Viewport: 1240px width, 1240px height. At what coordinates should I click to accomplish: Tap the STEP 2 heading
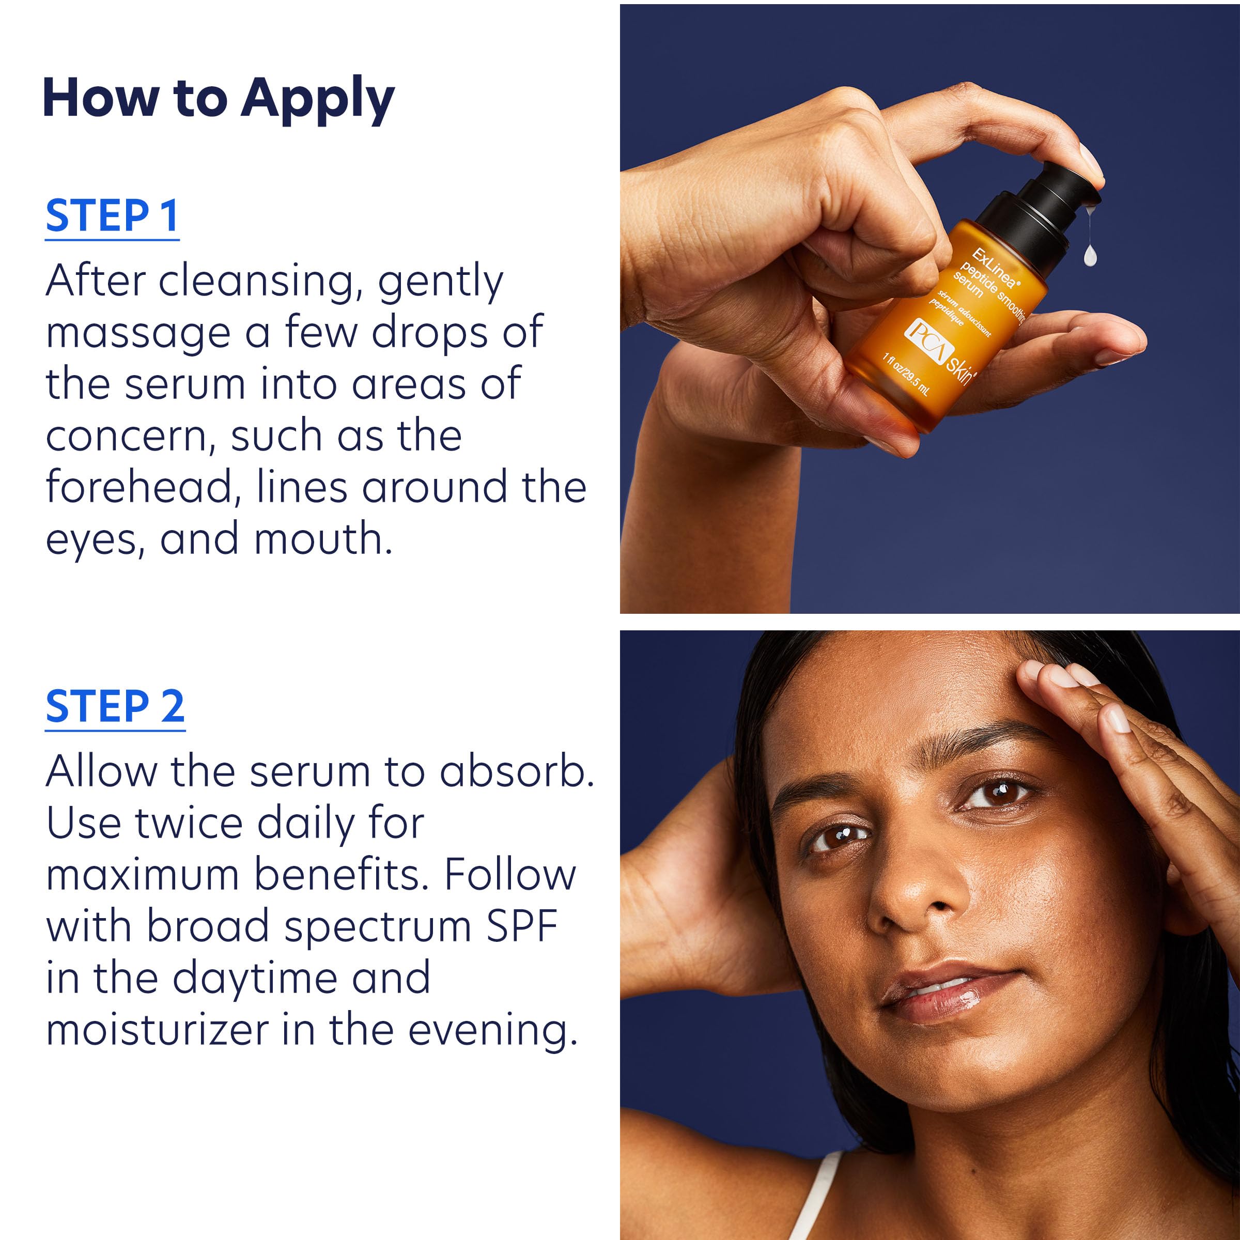pos(115,706)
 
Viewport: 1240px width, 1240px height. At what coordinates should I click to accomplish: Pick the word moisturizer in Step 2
pos(157,1030)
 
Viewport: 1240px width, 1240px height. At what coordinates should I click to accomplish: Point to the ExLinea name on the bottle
pos(994,267)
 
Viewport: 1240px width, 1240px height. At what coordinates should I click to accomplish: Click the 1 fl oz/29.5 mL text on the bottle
pos(905,374)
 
